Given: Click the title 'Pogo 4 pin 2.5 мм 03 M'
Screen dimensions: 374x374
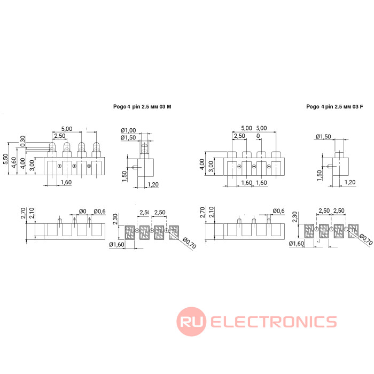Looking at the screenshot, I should pyautogui.click(x=142, y=107).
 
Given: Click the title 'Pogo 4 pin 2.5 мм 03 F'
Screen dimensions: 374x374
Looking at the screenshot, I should pyautogui.click(x=334, y=107).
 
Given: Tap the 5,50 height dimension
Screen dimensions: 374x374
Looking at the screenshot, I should pyautogui.click(x=6, y=159).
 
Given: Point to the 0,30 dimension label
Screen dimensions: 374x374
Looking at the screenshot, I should pyautogui.click(x=22, y=141).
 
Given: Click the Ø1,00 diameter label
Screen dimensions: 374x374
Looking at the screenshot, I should pyautogui.click(x=129, y=130).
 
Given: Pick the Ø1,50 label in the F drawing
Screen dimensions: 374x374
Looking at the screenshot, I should pyautogui.click(x=323, y=137).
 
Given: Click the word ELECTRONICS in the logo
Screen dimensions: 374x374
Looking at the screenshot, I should pyautogui.click(x=274, y=322).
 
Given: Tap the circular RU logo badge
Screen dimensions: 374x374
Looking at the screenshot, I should pyautogui.click(x=192, y=322).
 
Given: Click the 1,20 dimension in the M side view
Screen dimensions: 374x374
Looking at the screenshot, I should pyautogui.click(x=152, y=184).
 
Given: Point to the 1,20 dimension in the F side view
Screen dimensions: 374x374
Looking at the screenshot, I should pyautogui.click(x=350, y=183).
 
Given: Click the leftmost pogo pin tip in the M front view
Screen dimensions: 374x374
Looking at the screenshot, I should pyautogui.click(x=52, y=146).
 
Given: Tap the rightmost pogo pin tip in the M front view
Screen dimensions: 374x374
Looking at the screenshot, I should pyautogui.click(x=96, y=146).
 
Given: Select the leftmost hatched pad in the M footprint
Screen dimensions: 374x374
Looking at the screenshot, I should pyautogui.click(x=131, y=232).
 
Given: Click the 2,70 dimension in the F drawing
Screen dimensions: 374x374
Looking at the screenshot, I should pyautogui.click(x=202, y=214).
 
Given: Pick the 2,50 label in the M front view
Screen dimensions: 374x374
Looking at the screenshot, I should pyautogui.click(x=60, y=137).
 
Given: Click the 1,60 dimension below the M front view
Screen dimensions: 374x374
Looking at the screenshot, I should pyautogui.click(x=66, y=183).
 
